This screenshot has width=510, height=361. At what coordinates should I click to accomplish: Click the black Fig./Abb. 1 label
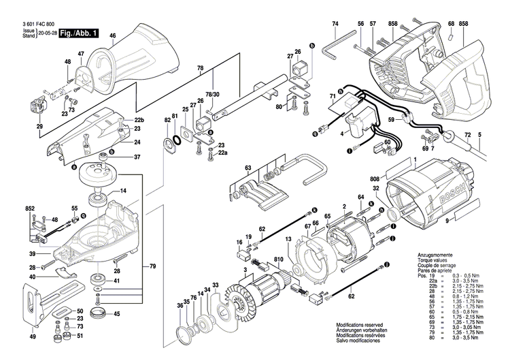79,33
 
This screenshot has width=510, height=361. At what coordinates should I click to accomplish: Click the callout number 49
33,336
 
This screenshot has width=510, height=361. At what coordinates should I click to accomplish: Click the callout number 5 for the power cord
479,135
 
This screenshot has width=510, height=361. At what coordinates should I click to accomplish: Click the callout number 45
116,314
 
